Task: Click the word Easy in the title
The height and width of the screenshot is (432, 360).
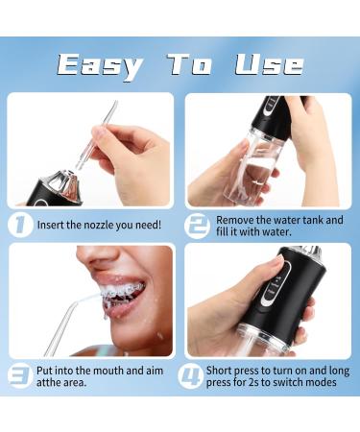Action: [98, 64]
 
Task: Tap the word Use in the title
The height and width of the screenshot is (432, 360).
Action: [268, 64]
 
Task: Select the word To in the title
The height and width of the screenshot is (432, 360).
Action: [189, 64]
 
